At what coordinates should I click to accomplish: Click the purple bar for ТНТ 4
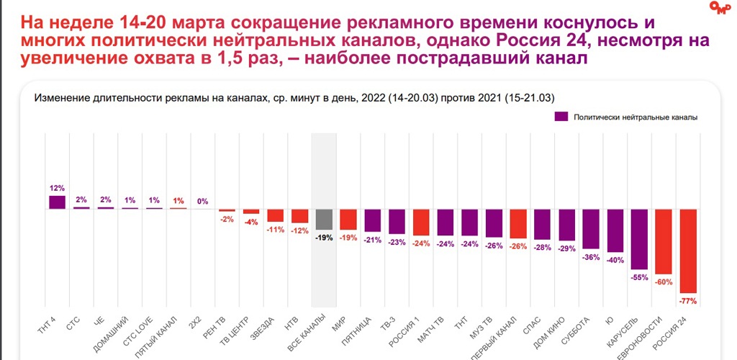click(58, 202)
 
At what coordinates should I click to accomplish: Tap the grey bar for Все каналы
click(324, 219)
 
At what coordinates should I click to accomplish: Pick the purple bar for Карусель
click(638, 240)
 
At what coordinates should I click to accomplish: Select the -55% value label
click(638, 278)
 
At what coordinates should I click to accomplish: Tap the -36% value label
click(590, 257)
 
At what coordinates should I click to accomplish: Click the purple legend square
click(561, 116)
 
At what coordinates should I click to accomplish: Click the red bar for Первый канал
click(518, 223)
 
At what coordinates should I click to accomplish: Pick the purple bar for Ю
click(615, 230)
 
